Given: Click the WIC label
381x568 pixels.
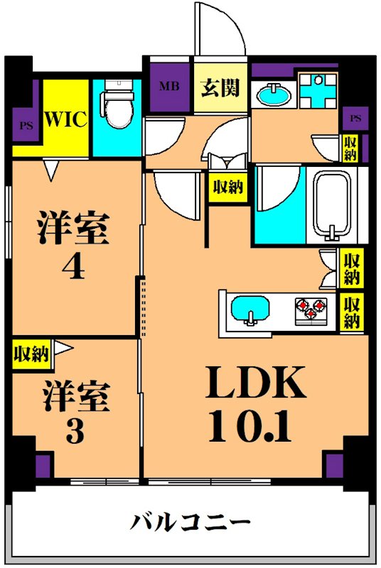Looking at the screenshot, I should click(x=67, y=119).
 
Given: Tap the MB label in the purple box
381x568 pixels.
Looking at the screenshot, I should click(x=168, y=88).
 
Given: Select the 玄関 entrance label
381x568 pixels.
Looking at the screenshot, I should click(x=219, y=88).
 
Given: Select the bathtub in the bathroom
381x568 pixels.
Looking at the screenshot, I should click(x=333, y=205).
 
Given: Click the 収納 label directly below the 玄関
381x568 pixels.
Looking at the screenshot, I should click(x=227, y=187).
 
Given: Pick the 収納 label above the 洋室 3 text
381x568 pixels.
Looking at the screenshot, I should click(x=31, y=353).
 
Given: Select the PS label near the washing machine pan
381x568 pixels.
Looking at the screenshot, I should click(x=355, y=118).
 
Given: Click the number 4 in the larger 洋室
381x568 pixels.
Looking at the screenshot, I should click(x=73, y=268).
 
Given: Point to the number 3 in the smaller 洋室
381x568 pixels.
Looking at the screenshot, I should click(x=73, y=431).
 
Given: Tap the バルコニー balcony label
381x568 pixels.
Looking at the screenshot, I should click(x=190, y=525).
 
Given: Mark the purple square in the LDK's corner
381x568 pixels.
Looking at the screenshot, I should click(x=334, y=466).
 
